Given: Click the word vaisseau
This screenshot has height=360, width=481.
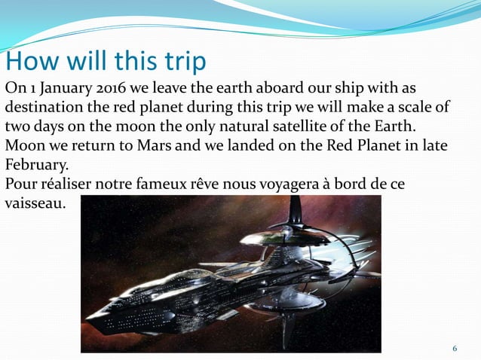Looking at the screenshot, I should click(x=35, y=203).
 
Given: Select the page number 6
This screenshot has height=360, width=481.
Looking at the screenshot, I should click(x=455, y=349).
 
